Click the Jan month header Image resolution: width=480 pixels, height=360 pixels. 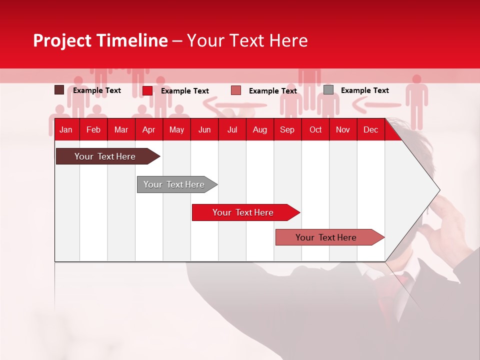pyautogui.click(x=66, y=130)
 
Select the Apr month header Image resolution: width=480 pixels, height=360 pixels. pyautogui.click(x=149, y=130)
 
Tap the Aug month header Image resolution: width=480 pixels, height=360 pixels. pyautogui.click(x=259, y=130)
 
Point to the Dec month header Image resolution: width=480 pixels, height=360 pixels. pyautogui.click(x=370, y=130)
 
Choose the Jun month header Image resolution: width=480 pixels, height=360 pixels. pyautogui.click(x=204, y=130)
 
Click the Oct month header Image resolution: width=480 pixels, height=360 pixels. pyautogui.click(x=315, y=130)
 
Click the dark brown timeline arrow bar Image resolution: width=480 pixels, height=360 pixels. pyautogui.click(x=105, y=156)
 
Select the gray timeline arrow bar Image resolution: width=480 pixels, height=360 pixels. pyautogui.click(x=174, y=184)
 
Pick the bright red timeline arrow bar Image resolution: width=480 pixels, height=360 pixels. pyautogui.click(x=243, y=212)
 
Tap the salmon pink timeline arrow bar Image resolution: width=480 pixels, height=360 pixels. pyautogui.click(x=326, y=237)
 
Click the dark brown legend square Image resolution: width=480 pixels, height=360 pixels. pyautogui.click(x=59, y=90)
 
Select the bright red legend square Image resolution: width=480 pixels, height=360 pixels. pyautogui.click(x=147, y=90)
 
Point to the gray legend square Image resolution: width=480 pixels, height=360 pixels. pyautogui.click(x=328, y=90)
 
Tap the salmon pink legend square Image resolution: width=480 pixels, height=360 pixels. pyautogui.click(x=236, y=90)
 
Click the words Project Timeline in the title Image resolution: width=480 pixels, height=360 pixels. pyautogui.click(x=100, y=40)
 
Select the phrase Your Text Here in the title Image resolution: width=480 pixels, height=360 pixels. pyautogui.click(x=247, y=40)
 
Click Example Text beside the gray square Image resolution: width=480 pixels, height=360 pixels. pyautogui.click(x=364, y=90)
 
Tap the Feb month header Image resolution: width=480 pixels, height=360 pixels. pyautogui.click(x=93, y=130)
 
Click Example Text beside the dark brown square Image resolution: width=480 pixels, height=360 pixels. pyautogui.click(x=96, y=90)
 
